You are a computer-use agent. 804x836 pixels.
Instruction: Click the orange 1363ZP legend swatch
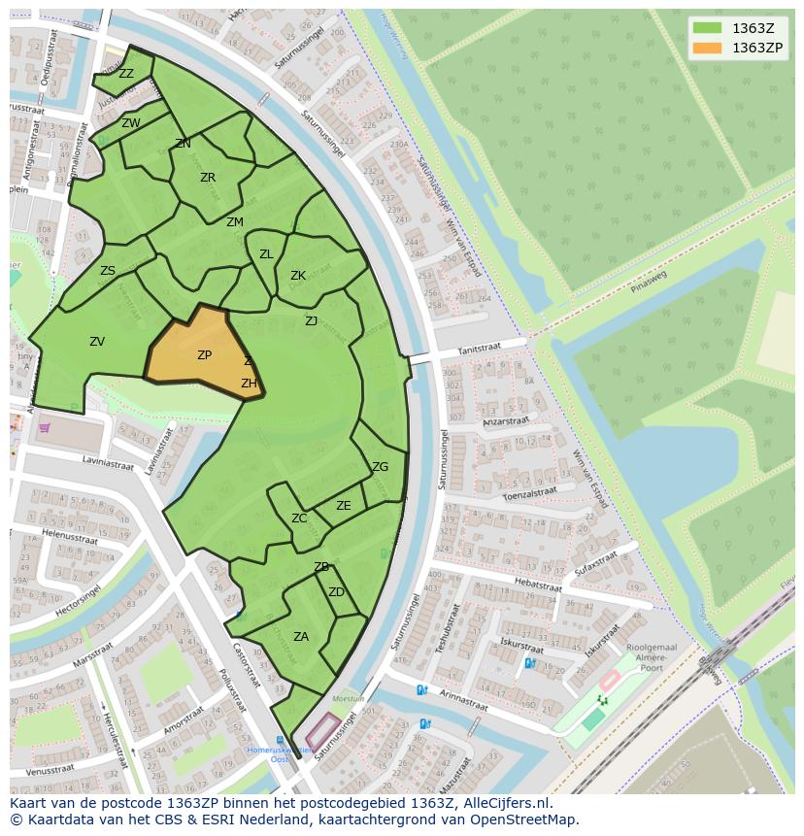[707, 48]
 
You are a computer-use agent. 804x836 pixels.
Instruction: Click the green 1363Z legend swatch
[707, 28]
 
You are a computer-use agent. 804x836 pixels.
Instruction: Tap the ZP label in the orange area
[204, 355]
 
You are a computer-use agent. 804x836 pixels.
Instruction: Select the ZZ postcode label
[126, 74]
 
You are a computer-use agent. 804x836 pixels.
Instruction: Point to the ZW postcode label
[131, 123]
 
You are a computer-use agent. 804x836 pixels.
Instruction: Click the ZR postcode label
[208, 178]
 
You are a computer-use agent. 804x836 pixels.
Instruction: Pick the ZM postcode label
[235, 222]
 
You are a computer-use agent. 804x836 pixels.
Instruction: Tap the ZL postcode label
[266, 254]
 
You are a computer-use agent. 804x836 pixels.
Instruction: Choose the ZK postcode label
[298, 276]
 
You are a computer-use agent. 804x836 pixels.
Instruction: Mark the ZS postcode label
[108, 272]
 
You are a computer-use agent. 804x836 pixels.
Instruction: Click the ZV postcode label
[97, 342]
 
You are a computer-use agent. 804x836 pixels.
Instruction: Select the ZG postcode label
[380, 467]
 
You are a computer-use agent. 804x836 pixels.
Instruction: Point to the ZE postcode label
[344, 506]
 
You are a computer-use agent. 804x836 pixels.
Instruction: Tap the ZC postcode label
[299, 518]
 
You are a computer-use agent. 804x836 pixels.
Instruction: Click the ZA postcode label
[301, 637]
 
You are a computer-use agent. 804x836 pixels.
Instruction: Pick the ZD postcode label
[336, 592]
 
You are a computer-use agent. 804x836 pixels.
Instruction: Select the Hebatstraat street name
[538, 585]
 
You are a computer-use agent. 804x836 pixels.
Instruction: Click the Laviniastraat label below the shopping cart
[108, 464]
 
